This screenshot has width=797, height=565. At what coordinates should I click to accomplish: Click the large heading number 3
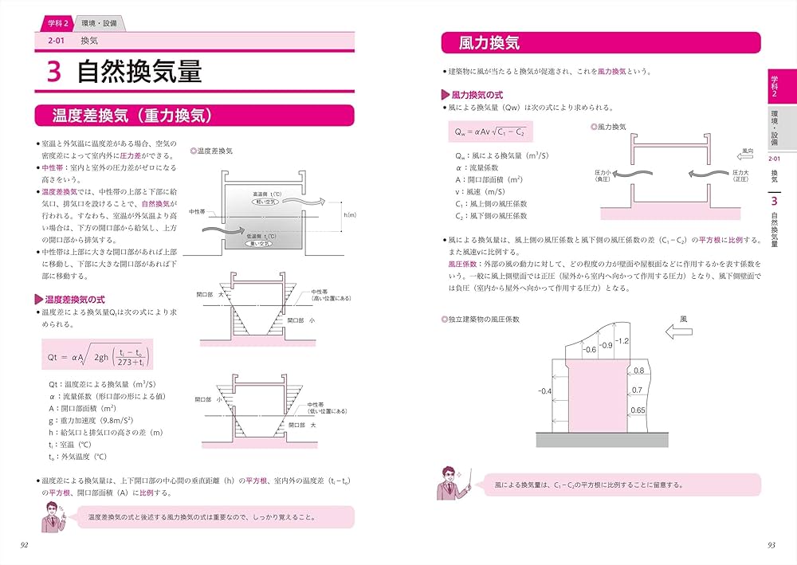[54, 72]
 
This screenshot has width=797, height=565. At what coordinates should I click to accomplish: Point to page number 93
[771, 544]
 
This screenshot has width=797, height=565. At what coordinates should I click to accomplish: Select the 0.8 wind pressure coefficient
[638, 371]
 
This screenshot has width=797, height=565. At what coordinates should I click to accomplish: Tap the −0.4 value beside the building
[544, 391]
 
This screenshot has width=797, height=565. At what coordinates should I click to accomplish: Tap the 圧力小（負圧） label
[603, 175]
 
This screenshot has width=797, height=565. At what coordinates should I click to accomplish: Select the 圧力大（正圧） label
[740, 175]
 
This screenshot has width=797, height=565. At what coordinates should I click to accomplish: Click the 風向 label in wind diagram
[747, 149]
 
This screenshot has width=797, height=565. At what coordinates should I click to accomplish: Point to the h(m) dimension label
[349, 215]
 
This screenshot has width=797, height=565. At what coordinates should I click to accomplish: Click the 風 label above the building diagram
[683, 317]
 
